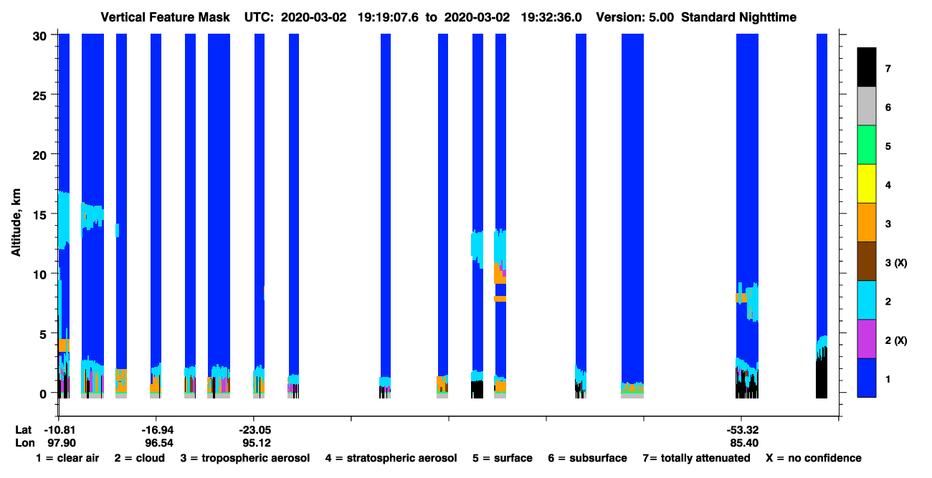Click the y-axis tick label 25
[x=39, y=96]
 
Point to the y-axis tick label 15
[x=39, y=215]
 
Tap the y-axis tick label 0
[x=43, y=394]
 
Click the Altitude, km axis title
[x=16, y=223]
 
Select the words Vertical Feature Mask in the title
[x=165, y=17]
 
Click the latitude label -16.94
[x=157, y=430]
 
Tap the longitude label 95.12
[x=257, y=443]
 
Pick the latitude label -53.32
[x=743, y=430]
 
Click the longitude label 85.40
[x=744, y=443]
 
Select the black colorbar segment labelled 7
[x=867, y=67]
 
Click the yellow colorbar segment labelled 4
[x=867, y=184]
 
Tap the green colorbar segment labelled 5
[x=867, y=145]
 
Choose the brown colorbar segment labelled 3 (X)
[x=867, y=262]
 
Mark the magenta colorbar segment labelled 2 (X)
[x=867, y=339]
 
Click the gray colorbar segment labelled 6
[x=867, y=106]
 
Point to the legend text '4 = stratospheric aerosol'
[x=391, y=458]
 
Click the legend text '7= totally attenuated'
[x=697, y=458]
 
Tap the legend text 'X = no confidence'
[x=814, y=458]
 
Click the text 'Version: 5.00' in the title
[x=635, y=17]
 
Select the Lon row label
[x=25, y=443]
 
